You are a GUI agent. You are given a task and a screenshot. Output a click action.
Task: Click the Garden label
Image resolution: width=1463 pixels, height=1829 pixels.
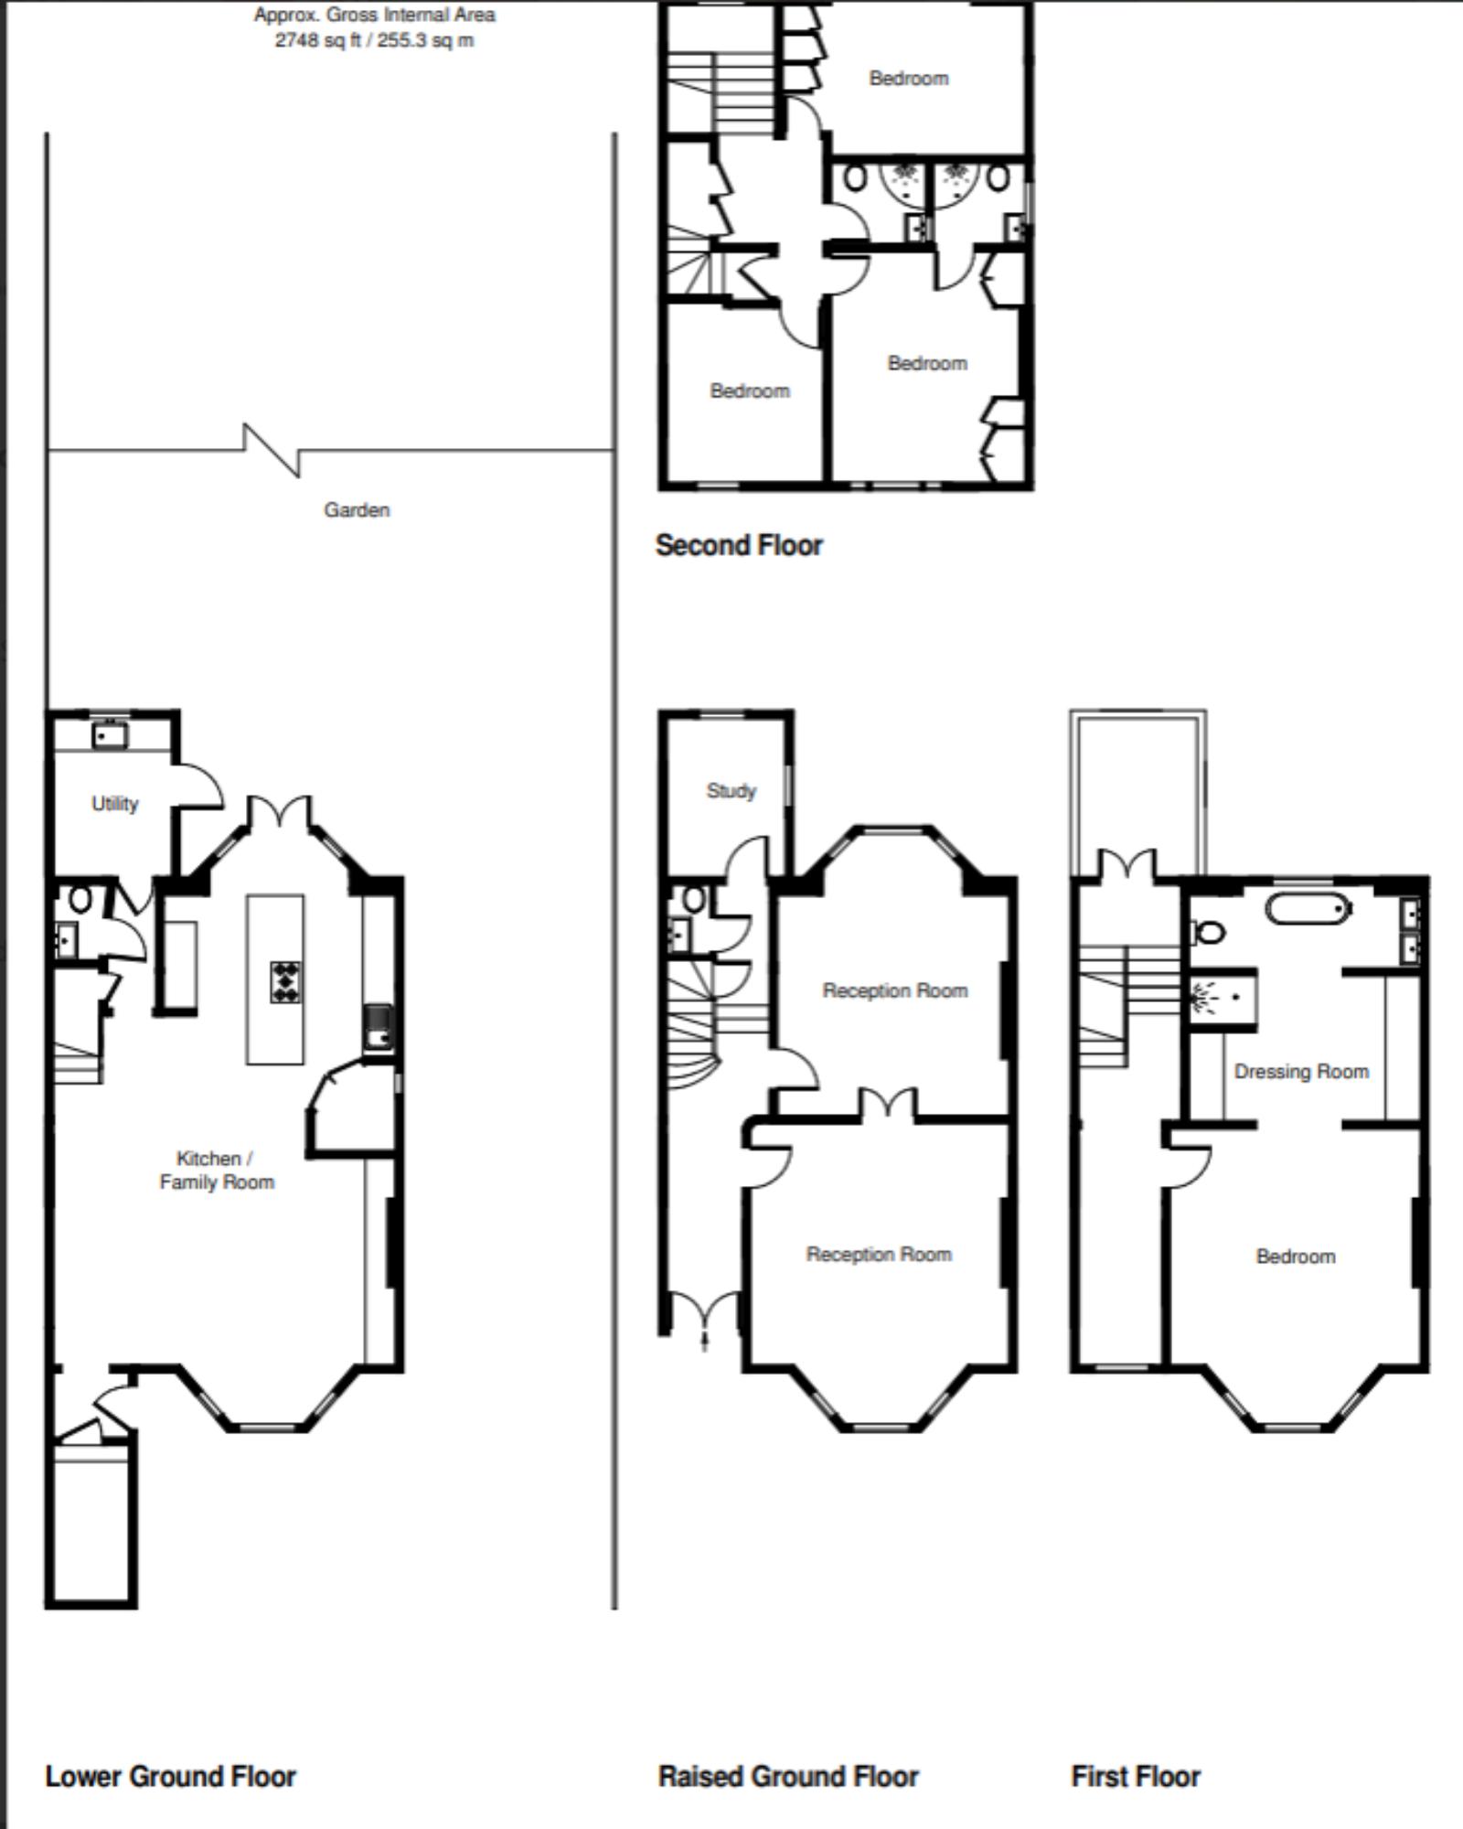coord(357,510)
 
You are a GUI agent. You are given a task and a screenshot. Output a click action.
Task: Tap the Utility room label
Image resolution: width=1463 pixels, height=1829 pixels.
coord(115,804)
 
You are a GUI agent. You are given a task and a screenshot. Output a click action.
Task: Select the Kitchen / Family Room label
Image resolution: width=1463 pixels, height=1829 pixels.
coord(217,1171)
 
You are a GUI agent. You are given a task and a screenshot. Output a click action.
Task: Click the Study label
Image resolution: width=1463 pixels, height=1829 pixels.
coord(731,791)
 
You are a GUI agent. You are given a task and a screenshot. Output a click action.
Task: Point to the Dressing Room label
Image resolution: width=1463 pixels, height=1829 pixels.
coord(1301,1072)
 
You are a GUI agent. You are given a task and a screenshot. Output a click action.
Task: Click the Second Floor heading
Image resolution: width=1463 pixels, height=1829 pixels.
coord(739,546)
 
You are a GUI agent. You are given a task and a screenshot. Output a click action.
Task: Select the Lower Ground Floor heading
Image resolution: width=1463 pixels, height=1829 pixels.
coord(171,1777)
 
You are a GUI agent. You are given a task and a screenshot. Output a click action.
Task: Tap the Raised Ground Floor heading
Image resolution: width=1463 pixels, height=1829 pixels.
coord(788,1777)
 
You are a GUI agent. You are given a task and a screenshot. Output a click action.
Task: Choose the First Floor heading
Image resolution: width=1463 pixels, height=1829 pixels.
coord(1136,1777)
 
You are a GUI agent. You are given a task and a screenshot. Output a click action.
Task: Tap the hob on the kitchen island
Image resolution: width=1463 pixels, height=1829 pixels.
coord(286,982)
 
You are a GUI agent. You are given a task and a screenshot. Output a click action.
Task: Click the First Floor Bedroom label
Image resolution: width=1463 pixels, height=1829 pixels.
coord(1296,1257)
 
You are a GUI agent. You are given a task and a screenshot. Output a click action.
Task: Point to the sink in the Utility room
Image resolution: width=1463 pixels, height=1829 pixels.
coord(110,734)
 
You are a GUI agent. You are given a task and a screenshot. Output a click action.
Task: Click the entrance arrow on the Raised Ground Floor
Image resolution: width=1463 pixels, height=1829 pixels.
coord(704,1341)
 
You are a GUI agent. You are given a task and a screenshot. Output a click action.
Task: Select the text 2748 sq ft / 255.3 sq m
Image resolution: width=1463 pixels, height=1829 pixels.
coord(375,41)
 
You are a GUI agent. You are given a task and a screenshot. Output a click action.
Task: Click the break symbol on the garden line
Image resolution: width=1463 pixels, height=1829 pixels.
coord(272,450)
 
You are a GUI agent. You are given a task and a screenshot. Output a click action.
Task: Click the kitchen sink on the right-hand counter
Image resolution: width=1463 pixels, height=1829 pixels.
coord(379,1028)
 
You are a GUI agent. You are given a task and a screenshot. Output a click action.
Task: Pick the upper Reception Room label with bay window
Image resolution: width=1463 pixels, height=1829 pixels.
coord(895,991)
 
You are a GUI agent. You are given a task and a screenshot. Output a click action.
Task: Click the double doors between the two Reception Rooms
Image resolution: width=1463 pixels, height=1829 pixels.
coord(887,1104)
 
